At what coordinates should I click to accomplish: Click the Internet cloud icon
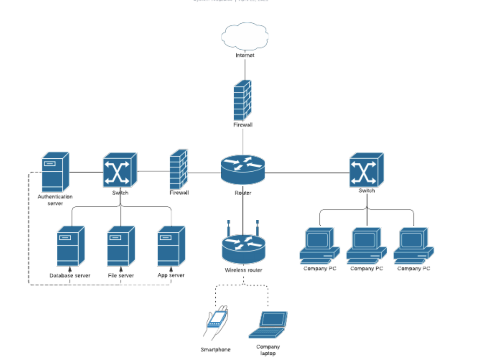pos(245,37)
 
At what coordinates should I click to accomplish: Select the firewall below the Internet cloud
pos(242,101)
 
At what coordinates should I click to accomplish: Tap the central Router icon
pos(243,169)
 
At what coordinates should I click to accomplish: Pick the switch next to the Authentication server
pos(120,170)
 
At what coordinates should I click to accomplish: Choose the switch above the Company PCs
pos(366,170)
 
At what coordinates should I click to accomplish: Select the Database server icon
pos(70,246)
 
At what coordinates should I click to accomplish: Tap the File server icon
pos(121,246)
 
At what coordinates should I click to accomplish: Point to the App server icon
pos(171,246)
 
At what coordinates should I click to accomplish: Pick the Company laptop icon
pos(269,325)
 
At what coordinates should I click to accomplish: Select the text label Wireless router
pos(243,270)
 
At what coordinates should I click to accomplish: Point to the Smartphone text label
pos(215,350)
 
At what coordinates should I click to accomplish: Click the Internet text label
pos(245,56)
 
